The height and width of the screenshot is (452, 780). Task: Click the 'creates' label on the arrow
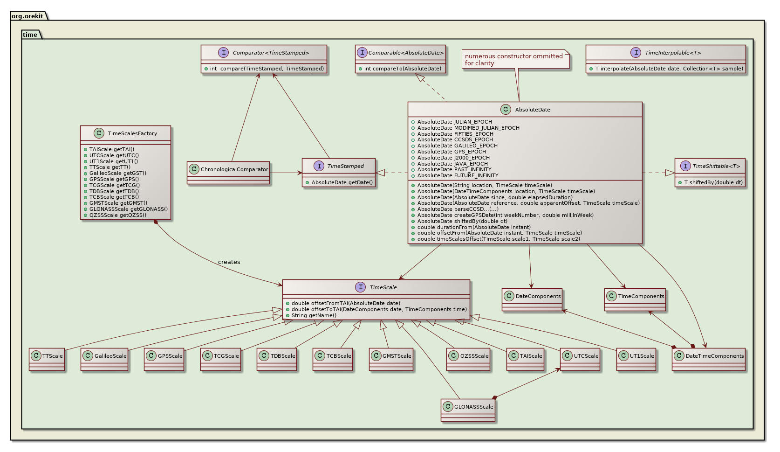click(229, 262)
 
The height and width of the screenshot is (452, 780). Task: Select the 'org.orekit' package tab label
click(27, 16)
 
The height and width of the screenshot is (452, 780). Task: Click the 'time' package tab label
click(30, 35)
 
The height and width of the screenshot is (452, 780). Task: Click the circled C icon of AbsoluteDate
click(505, 110)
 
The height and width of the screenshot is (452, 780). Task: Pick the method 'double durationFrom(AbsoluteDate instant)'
click(473, 227)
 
